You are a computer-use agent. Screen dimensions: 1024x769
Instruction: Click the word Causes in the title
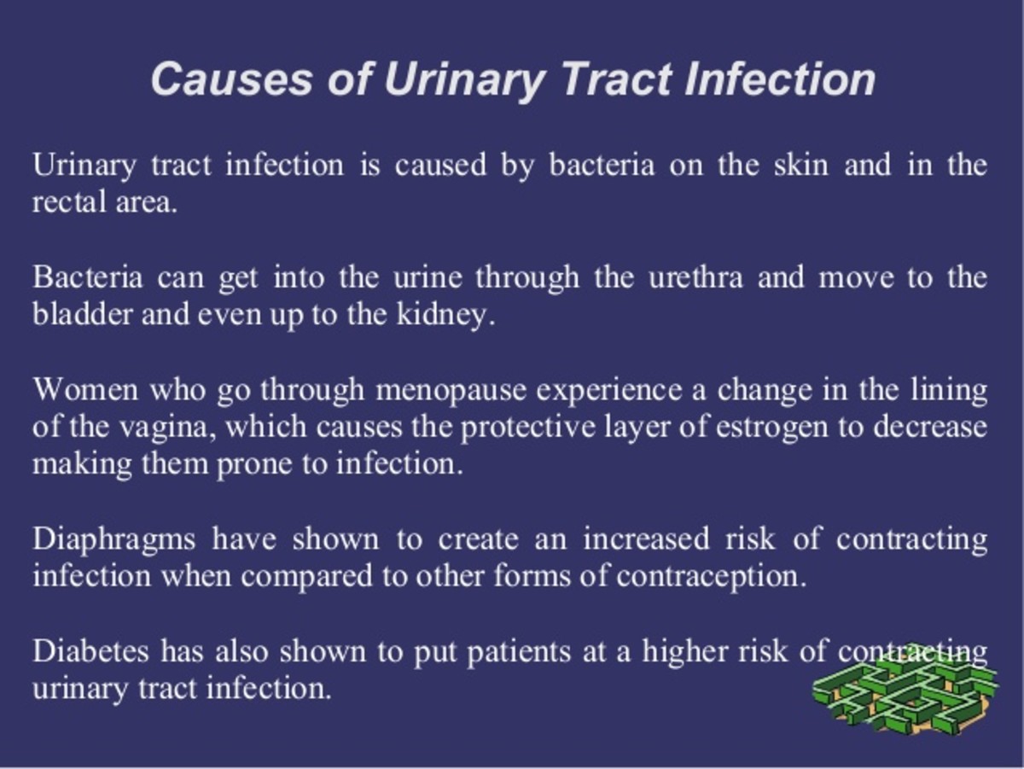pos(231,79)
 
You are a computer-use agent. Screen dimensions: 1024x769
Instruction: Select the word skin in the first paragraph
pos(801,165)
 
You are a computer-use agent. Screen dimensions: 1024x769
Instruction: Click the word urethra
pos(695,277)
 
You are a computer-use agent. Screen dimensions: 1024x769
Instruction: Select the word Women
pos(85,390)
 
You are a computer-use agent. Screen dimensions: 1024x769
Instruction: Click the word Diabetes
pos(91,651)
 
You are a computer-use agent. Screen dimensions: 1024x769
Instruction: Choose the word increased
pos(647,539)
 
